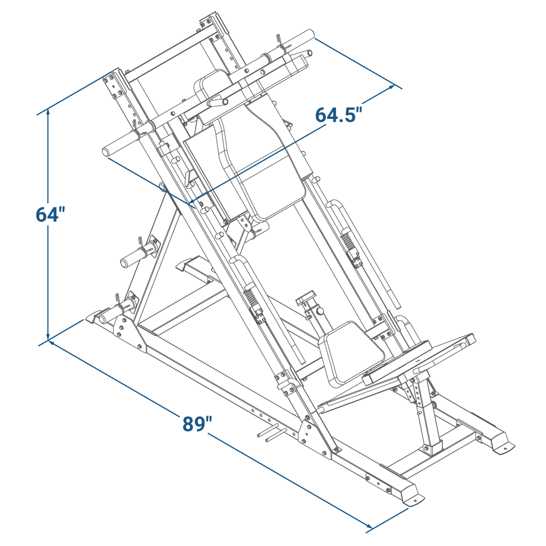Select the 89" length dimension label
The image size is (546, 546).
(197, 424)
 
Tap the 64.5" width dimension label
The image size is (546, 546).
(338, 114)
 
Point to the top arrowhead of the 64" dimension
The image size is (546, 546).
(48, 113)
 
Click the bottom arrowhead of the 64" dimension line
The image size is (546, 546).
(48, 337)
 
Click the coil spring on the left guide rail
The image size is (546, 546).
(250, 296)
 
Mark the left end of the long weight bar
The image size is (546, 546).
(106, 151)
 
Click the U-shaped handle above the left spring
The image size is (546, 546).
(239, 260)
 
